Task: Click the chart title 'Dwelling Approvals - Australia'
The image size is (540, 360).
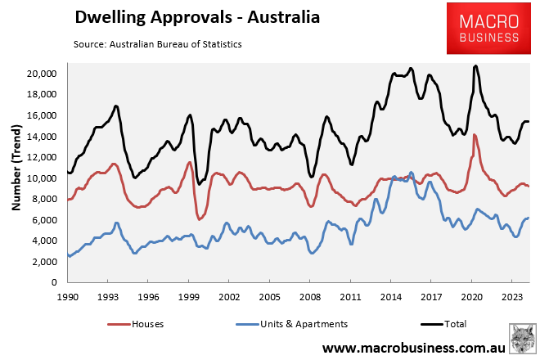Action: pyautogui.click(x=197, y=17)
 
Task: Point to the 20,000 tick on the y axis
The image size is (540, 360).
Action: pyautogui.click(x=38, y=74)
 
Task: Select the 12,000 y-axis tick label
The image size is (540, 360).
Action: pyautogui.click(x=38, y=157)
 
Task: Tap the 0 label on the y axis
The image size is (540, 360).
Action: pyautogui.click(x=52, y=282)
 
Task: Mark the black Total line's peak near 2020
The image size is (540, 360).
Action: pyautogui.click(x=475, y=66)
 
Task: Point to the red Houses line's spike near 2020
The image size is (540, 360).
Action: pyautogui.click(x=474, y=135)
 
